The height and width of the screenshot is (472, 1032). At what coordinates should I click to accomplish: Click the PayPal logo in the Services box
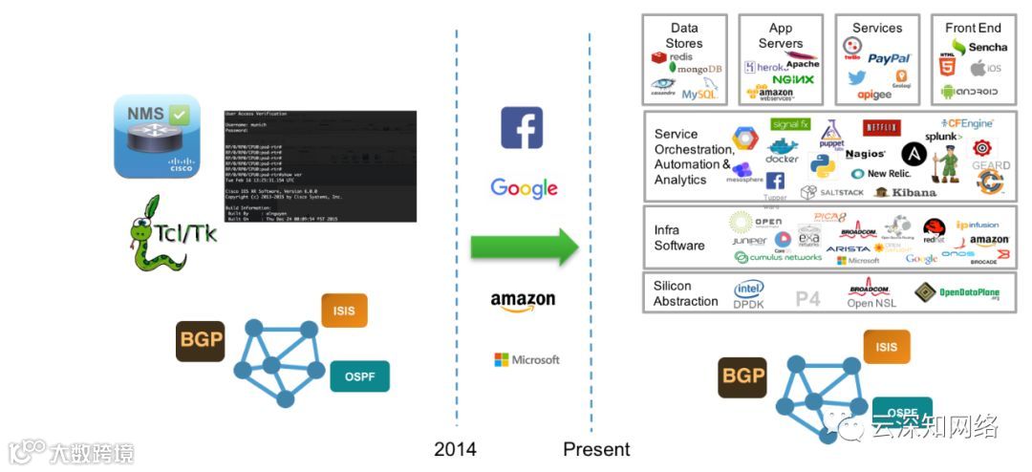point(890,59)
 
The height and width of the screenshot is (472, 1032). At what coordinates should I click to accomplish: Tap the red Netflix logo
point(881,128)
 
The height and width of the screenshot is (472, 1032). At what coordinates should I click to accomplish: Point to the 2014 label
point(455,449)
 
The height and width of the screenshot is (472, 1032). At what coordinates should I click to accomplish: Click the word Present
point(596,449)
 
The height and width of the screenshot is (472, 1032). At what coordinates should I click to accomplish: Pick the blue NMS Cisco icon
point(157,136)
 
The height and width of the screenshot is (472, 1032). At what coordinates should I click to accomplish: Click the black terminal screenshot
point(320,166)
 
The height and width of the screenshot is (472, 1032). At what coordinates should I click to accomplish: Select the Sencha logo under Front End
point(978,47)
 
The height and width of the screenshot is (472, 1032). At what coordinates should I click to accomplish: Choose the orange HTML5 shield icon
point(948,68)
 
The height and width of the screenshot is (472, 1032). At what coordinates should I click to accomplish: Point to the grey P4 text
point(808,299)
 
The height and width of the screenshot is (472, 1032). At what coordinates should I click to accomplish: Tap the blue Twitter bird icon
point(856,78)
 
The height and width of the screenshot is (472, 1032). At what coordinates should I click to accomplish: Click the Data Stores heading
point(683,35)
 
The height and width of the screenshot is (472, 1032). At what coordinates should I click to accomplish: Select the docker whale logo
point(783,151)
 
